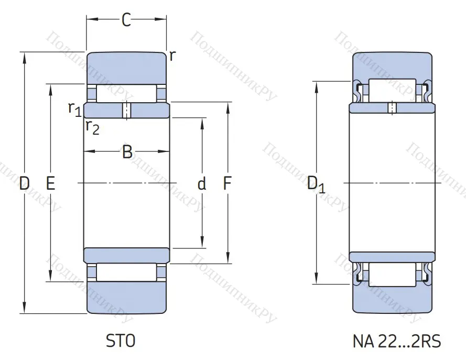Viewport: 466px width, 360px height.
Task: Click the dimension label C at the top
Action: (126, 20)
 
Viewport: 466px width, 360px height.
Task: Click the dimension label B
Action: (127, 152)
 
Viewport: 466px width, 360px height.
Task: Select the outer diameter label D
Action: (24, 183)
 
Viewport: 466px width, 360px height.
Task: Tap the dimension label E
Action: (50, 183)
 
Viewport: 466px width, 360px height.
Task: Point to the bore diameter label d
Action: (202, 184)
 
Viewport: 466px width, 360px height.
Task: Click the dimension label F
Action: (227, 183)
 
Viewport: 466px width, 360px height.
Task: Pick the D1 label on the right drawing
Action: (316, 184)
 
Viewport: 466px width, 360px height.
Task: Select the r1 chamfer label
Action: (74, 108)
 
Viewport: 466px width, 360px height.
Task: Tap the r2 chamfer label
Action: (92, 127)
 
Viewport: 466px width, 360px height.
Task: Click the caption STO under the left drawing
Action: (121, 342)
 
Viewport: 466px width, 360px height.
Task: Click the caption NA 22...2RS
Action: (396, 342)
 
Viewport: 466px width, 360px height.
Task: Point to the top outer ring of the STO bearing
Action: (126, 67)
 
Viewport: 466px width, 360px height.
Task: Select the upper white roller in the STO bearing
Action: (126, 93)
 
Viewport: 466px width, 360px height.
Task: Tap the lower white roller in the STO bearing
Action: (126, 272)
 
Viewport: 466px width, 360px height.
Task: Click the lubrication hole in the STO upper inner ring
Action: (126, 111)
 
